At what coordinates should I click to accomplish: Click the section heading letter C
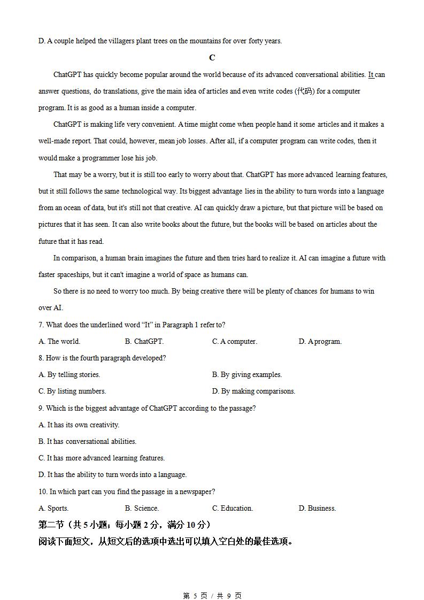coord(212,58)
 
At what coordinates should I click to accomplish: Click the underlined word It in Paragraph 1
coord(371,75)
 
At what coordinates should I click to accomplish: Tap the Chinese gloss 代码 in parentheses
coord(304,91)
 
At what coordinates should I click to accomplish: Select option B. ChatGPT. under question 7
coord(144,342)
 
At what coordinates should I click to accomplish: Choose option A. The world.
coord(59,342)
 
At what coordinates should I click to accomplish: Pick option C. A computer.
coord(234,342)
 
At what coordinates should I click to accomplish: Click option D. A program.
coord(320,342)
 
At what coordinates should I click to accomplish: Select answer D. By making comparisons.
coord(253,391)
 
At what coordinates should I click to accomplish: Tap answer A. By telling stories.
coord(70,375)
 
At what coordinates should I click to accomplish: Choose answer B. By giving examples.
coord(246,375)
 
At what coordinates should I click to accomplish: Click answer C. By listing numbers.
coord(72,391)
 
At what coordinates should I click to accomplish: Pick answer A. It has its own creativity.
coord(79,425)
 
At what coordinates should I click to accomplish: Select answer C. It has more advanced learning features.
coord(102,458)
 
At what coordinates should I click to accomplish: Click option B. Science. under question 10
coord(142,509)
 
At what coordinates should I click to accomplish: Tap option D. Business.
coord(317,509)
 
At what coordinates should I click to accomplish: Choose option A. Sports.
coord(53,509)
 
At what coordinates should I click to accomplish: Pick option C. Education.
coord(233,509)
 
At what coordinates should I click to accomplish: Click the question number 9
coord(41,409)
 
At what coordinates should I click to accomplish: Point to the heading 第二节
coord(51,525)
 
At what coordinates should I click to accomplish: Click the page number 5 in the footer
coord(195,596)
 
